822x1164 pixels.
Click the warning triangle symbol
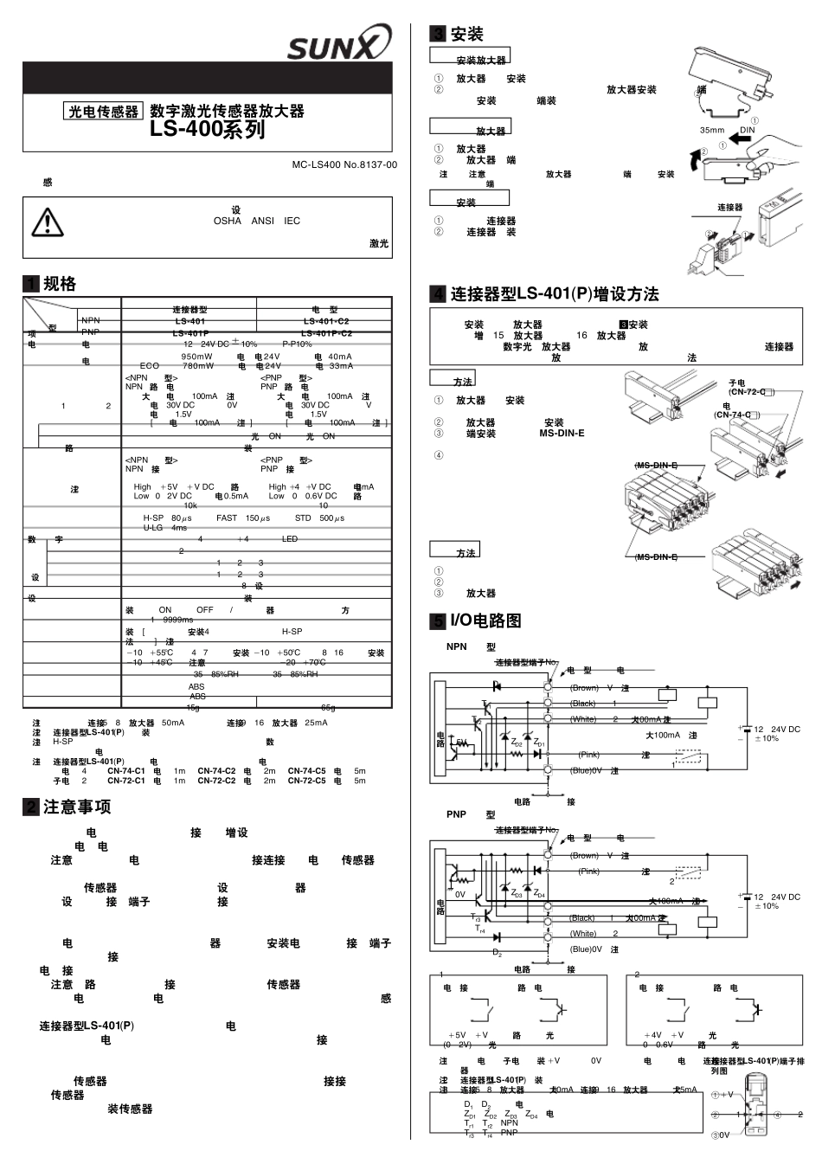pyautogui.click(x=48, y=223)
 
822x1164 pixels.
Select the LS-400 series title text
pyautogui.click(x=208, y=130)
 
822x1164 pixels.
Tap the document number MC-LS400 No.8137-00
pyautogui.click(x=344, y=164)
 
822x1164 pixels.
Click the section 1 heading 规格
pyautogui.click(x=60, y=284)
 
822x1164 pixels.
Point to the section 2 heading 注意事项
pyautogui.click(x=77, y=807)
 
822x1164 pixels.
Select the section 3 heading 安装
pyautogui.click(x=466, y=35)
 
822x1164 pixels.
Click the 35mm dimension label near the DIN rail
pyautogui.click(x=712, y=130)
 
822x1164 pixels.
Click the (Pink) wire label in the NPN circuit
pyautogui.click(x=589, y=755)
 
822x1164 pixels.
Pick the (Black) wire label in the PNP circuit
pyautogui.click(x=582, y=917)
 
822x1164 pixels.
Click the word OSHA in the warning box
pyautogui.click(x=228, y=221)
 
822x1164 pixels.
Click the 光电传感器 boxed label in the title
pyautogui.click(x=104, y=112)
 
